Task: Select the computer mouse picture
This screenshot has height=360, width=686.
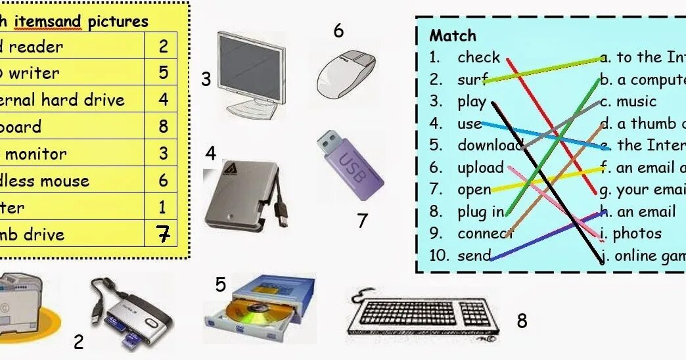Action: (x=346, y=71)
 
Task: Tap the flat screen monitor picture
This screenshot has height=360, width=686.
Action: (x=251, y=72)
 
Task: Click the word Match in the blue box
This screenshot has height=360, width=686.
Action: (x=452, y=35)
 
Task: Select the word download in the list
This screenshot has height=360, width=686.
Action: (x=489, y=145)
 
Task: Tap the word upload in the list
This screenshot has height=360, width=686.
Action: (x=480, y=168)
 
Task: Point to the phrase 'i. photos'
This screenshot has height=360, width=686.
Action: (x=631, y=233)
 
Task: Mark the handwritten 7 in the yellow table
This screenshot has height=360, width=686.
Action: (x=163, y=234)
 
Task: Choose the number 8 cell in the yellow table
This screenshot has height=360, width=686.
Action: (x=163, y=126)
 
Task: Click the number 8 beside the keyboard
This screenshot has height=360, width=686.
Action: (x=522, y=321)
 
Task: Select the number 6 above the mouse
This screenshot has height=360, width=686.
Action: (x=338, y=31)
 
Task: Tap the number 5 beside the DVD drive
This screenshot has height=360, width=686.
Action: (x=221, y=284)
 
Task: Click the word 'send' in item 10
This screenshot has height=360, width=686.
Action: (x=474, y=256)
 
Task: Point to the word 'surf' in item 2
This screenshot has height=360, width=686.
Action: (x=472, y=80)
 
